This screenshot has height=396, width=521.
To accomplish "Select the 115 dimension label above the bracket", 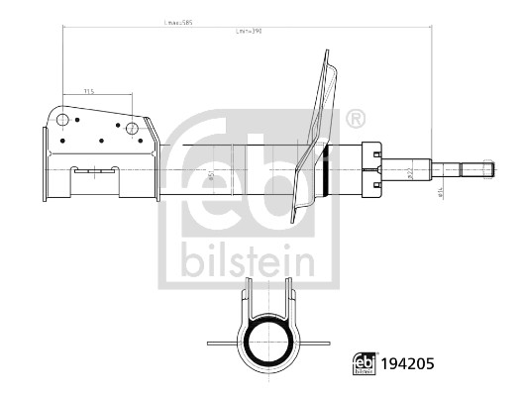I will pos(89,91).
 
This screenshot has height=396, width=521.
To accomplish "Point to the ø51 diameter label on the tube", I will pos(210,176).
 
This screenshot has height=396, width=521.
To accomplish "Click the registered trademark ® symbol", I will pos(356,120).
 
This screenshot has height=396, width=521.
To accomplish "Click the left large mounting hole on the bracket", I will pos(63,122).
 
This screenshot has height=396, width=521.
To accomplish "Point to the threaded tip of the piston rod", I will pos(487,167).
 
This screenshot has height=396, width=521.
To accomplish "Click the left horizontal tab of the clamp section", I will pos(223,344).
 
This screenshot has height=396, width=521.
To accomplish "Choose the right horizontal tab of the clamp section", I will pos(314,344).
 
